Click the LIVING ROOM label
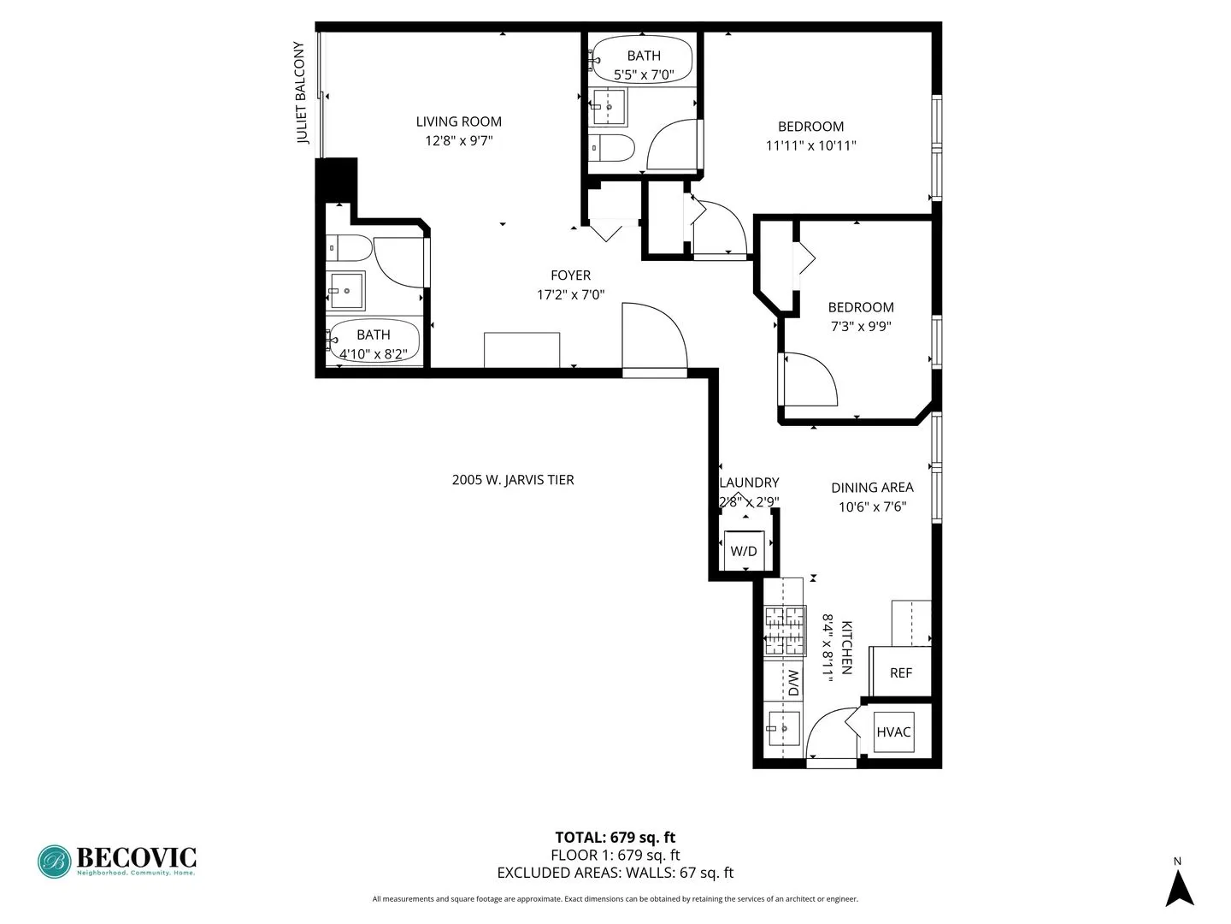(x=458, y=121)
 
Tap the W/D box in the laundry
(x=744, y=550)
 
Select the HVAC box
(x=893, y=732)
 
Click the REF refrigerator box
(x=900, y=672)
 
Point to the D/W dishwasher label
(x=792, y=683)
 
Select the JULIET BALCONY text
(x=300, y=92)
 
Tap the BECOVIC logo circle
(x=54, y=862)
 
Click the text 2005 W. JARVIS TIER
(x=513, y=480)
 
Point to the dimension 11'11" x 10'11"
(x=810, y=145)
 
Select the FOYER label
(x=570, y=275)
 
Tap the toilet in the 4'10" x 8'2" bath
(x=350, y=248)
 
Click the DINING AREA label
(x=872, y=488)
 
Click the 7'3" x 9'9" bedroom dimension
(x=861, y=326)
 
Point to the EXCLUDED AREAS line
(x=615, y=873)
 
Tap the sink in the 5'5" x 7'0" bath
(x=608, y=107)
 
